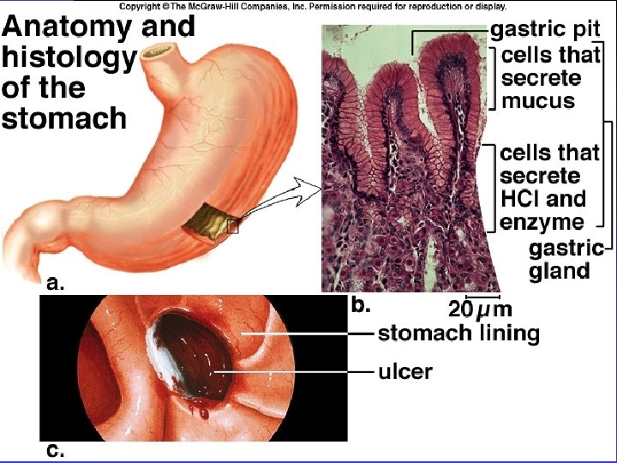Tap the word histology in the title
click(x=69, y=58)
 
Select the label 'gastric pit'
click(x=538, y=28)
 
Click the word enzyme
click(x=542, y=222)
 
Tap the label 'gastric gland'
click(x=559, y=260)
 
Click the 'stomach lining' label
click(x=458, y=333)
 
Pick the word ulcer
click(x=405, y=371)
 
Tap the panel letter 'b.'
click(x=361, y=303)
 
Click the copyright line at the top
click(x=312, y=6)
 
